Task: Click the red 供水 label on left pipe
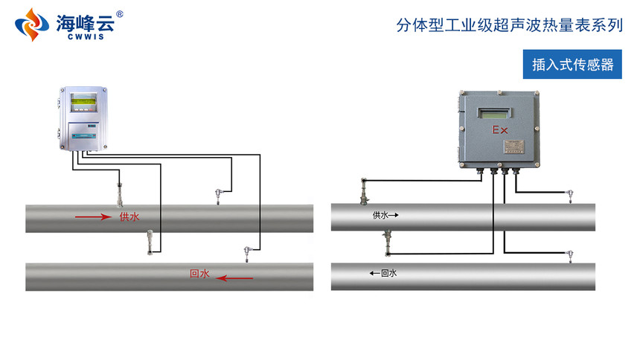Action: click(129, 217)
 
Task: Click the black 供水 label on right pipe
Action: click(381, 216)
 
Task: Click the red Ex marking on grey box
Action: click(499, 130)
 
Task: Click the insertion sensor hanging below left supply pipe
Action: click(150, 242)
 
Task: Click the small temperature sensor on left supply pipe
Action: click(217, 196)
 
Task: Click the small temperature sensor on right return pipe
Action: click(570, 255)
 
